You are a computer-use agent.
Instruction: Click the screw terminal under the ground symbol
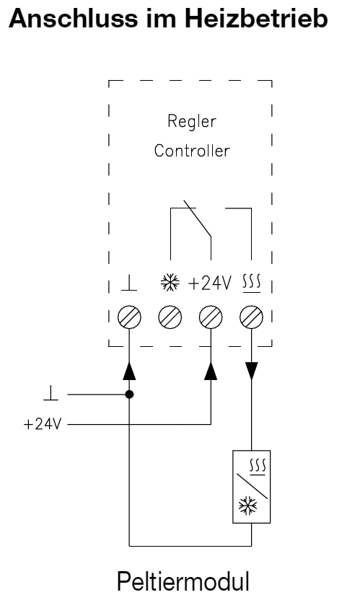coord(130,315)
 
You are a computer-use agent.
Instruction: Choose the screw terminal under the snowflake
coord(170,315)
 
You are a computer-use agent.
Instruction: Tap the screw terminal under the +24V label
coord(211,315)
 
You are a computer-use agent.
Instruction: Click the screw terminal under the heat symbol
coord(251,315)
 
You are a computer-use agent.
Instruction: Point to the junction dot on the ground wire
coord(130,394)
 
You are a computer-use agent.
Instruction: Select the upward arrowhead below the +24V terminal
coord(211,370)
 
